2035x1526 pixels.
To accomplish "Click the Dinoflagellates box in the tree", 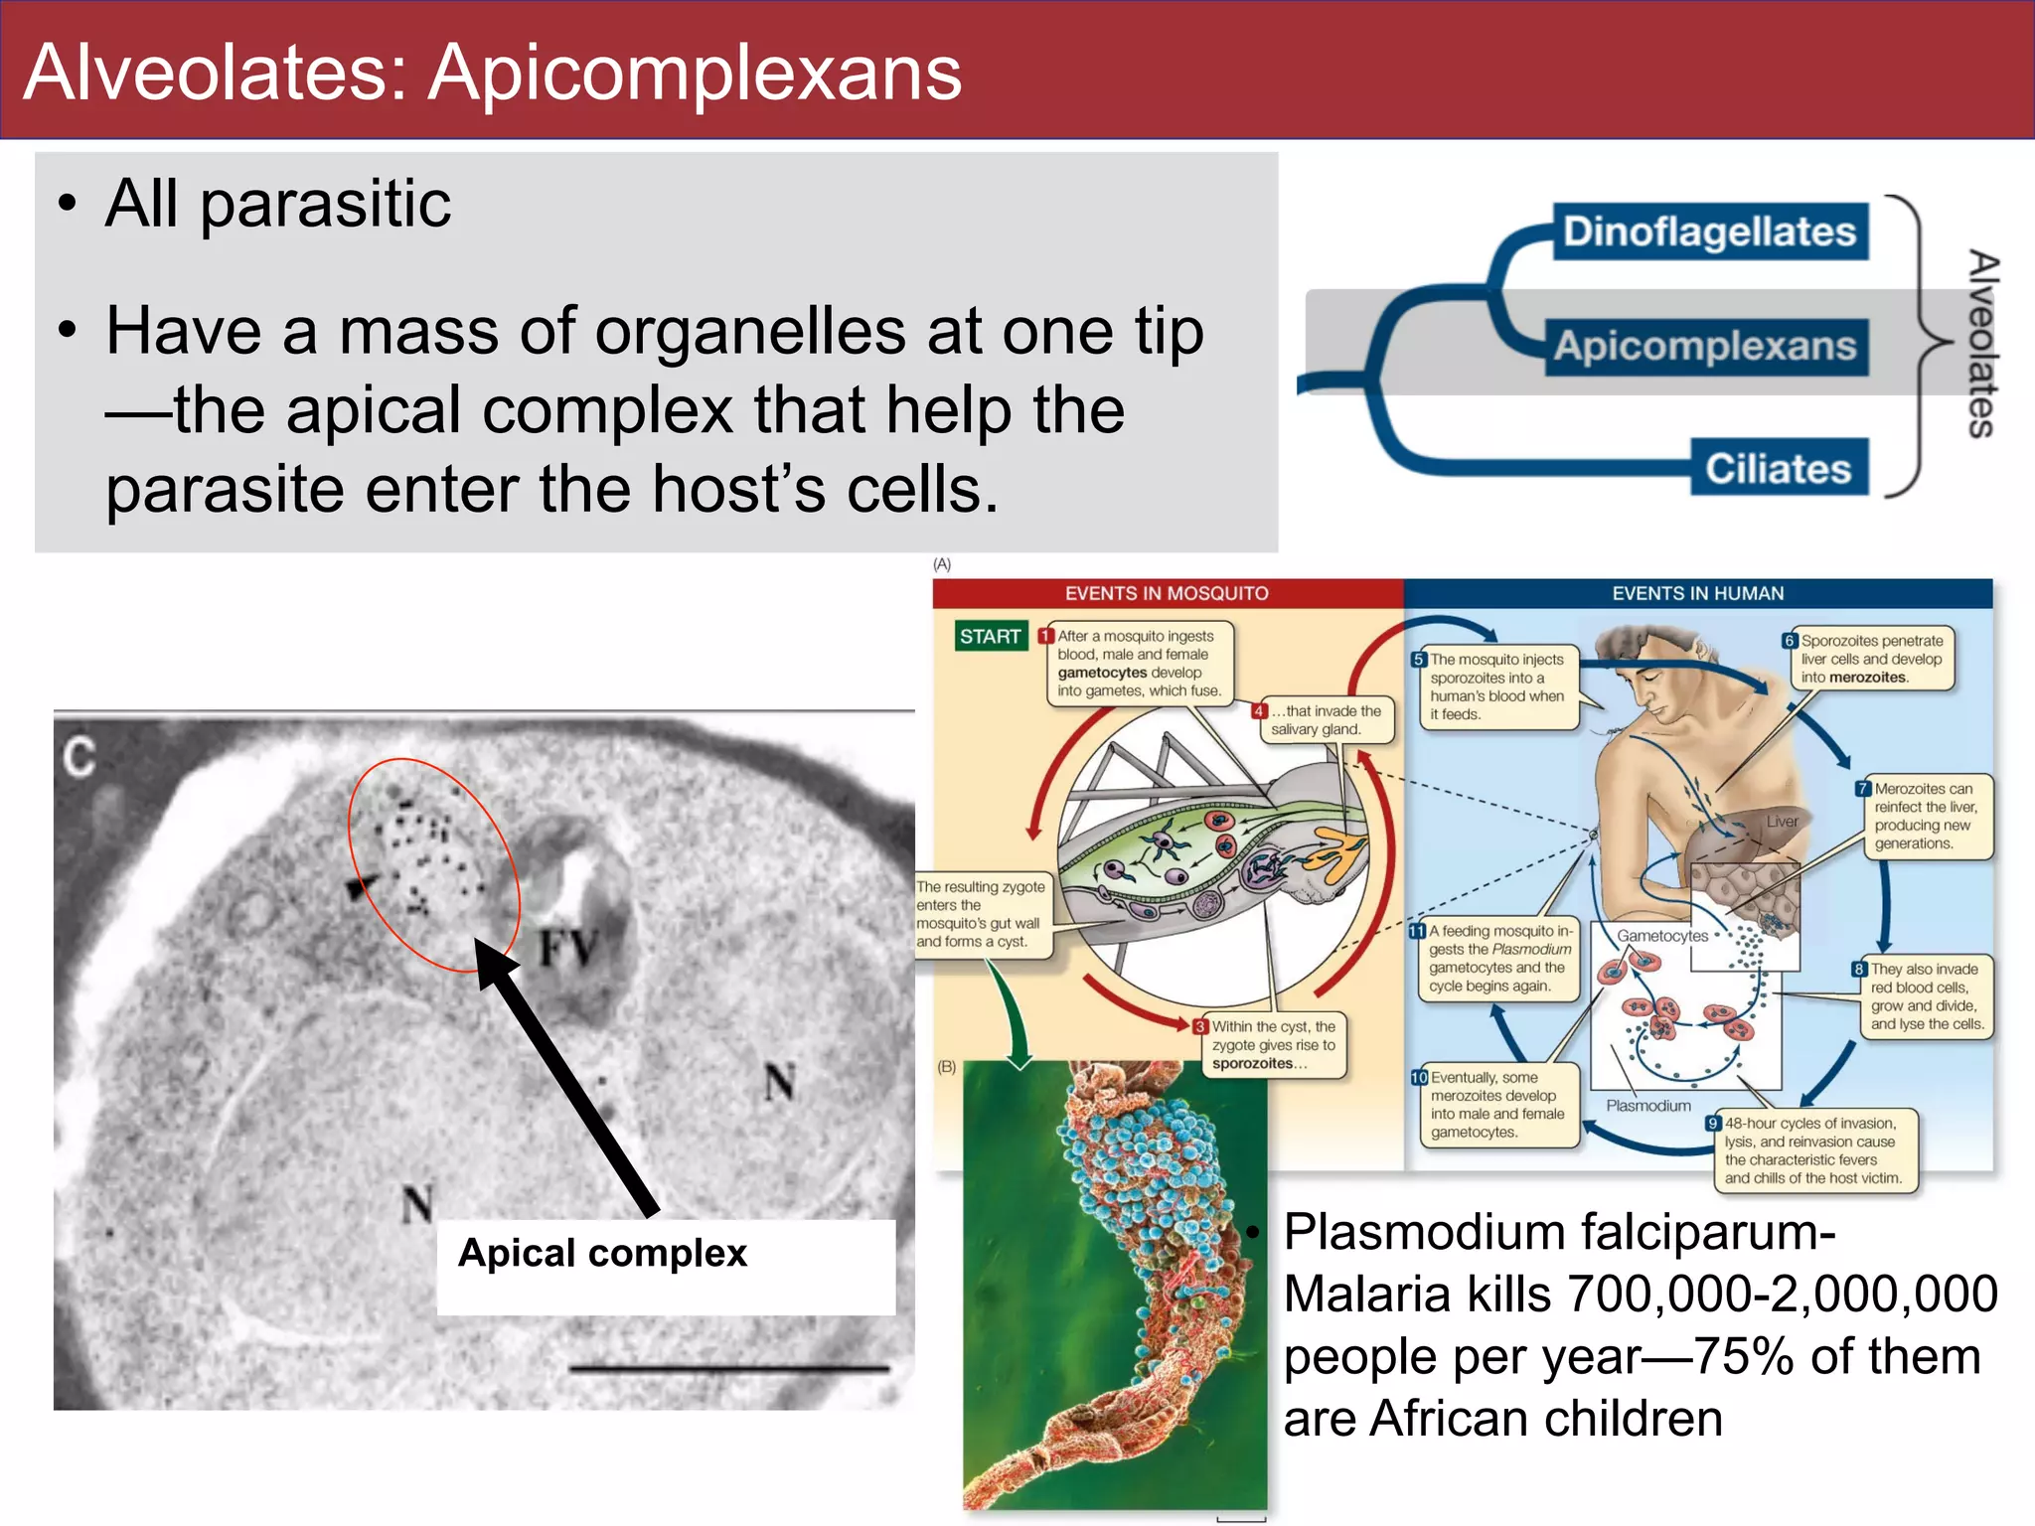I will click(x=1709, y=231).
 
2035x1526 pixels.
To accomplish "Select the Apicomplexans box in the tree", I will click(x=1705, y=346).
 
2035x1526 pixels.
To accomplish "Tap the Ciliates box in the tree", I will click(x=1779, y=468).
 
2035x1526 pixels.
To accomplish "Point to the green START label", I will click(x=990, y=636).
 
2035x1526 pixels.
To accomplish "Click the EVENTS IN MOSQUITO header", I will click(x=1167, y=593).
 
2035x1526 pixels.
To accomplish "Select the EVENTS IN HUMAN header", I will click(x=1697, y=593).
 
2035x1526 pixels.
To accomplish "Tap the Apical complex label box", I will click(x=666, y=1266).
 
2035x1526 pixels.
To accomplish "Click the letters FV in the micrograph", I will click(x=568, y=947).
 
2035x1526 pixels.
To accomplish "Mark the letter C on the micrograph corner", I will click(x=79, y=757).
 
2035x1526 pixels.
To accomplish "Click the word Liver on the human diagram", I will click(x=1782, y=822).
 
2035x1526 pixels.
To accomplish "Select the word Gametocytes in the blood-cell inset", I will click(x=1661, y=936).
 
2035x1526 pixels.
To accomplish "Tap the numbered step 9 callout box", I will click(x=1812, y=1150).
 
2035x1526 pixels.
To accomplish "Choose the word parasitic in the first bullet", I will click(x=326, y=205).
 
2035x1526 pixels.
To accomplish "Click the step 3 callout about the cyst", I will click(x=1273, y=1045).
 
